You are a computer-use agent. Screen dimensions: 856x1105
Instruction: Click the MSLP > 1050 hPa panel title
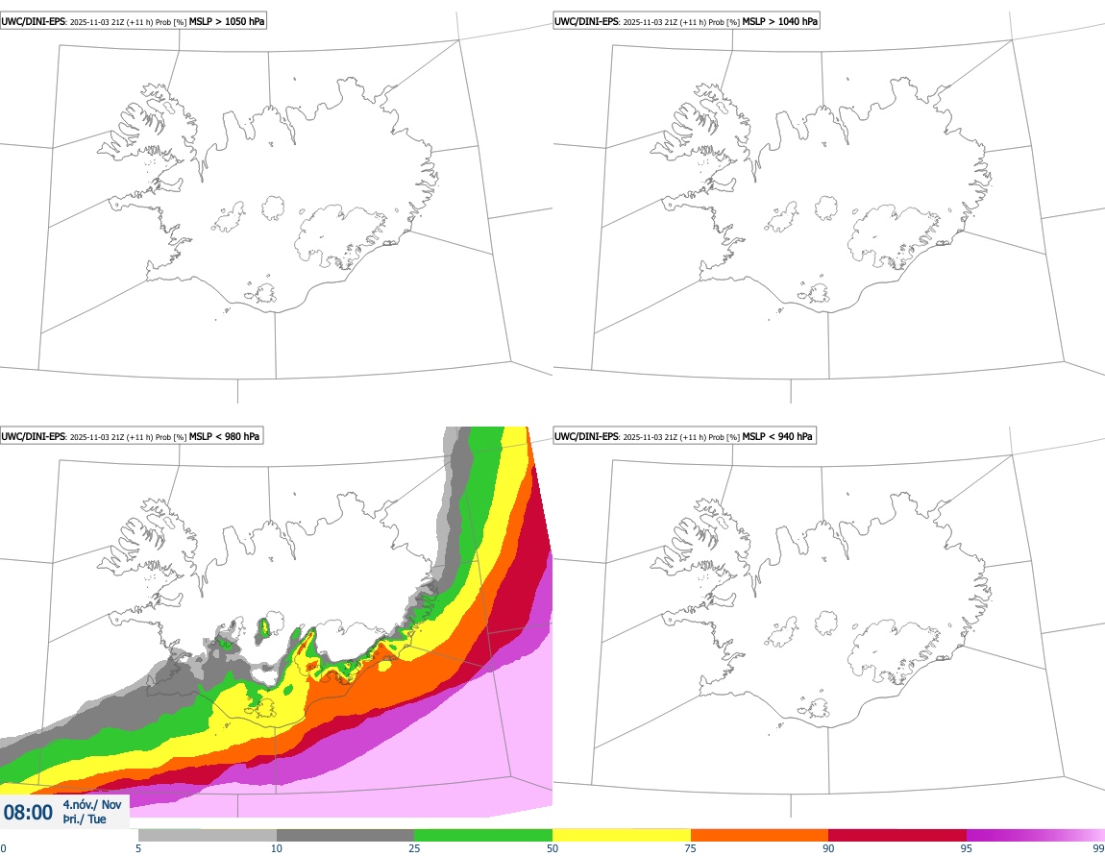[x=132, y=20]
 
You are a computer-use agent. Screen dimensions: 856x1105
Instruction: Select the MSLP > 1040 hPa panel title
[x=686, y=20]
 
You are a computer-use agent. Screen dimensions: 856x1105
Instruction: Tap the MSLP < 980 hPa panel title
[x=131, y=436]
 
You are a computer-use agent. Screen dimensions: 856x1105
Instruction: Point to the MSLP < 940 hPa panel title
[x=684, y=436]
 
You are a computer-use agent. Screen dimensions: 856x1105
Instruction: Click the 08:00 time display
[x=28, y=813]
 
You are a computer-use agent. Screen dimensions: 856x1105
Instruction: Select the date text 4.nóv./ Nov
[x=92, y=805]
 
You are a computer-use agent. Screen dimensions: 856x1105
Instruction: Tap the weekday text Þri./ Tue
[x=85, y=819]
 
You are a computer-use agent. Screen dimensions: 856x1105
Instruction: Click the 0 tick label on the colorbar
[x=3, y=848]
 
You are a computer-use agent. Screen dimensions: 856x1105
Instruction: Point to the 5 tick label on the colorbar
[x=138, y=848]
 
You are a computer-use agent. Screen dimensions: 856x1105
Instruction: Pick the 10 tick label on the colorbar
[x=277, y=848]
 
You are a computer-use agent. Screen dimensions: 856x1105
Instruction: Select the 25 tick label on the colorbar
[x=414, y=848]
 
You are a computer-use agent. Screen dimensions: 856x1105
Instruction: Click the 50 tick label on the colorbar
[x=552, y=848]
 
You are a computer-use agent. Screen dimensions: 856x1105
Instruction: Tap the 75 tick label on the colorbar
[x=691, y=848]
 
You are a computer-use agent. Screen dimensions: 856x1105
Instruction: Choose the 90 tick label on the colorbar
[x=828, y=848]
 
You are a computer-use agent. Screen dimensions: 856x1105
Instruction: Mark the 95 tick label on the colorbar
[x=967, y=848]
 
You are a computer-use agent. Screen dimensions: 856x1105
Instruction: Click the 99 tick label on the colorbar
[x=1098, y=848]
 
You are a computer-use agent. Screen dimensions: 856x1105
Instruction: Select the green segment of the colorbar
[x=483, y=835]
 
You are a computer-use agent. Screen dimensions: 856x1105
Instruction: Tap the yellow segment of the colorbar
[x=622, y=835]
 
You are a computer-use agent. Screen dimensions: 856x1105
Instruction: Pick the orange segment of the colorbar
[x=759, y=835]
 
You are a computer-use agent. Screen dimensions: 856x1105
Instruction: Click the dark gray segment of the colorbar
[x=345, y=835]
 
